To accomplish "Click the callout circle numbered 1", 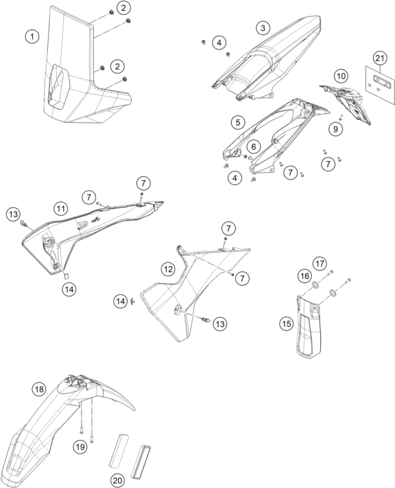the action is (x=32, y=37).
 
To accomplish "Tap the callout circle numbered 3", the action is (x=263, y=28).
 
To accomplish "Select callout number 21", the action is (x=380, y=58).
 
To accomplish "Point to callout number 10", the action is (x=341, y=76).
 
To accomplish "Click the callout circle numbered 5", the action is (x=238, y=122).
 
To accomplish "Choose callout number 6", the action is (x=254, y=146).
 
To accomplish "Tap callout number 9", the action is (x=335, y=129).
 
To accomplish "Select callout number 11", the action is (x=60, y=208).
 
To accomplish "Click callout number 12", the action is (x=168, y=269).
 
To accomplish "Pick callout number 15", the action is (x=286, y=324).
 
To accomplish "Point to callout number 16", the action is (x=304, y=276).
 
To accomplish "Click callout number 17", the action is (x=320, y=264).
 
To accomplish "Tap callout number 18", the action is (x=39, y=389).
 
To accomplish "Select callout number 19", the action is (x=80, y=447).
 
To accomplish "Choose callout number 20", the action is (x=117, y=480).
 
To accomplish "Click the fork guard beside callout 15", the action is (x=309, y=327).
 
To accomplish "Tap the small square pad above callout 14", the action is (x=67, y=275).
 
